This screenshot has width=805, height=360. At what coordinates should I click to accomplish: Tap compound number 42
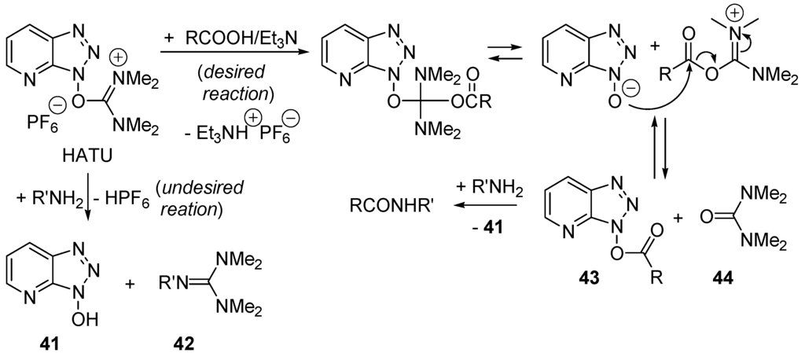point(183,343)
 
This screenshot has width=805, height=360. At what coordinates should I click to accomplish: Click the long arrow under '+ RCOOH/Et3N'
point(233,53)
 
